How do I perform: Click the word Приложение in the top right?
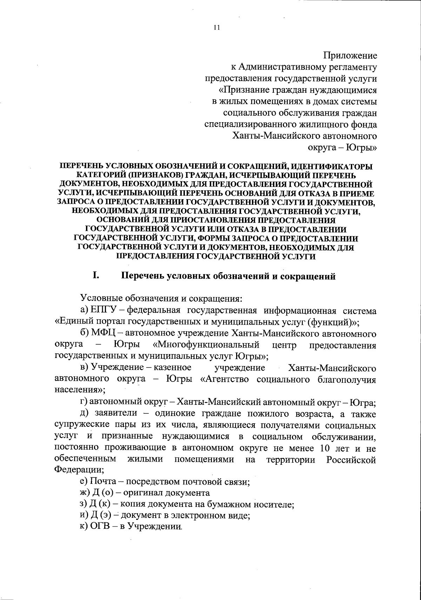click(350, 56)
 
